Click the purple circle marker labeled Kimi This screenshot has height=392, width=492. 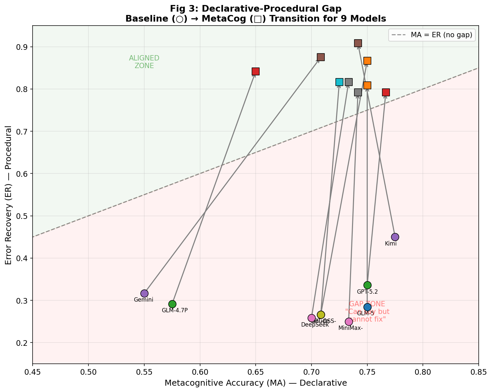pos(395,237)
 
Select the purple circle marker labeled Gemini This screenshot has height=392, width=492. pos(144,293)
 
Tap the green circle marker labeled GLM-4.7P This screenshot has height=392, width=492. pos(172,304)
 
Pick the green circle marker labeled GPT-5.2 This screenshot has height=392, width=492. pos(367,285)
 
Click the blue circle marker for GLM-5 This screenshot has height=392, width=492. pos(367,307)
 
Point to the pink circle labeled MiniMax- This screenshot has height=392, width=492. pos(349,322)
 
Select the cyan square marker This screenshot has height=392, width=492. pos(339,82)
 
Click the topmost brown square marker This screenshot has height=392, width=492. pos(358,43)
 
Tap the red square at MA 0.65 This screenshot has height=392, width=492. pos(256,71)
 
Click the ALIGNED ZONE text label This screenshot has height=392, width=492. pos(144,62)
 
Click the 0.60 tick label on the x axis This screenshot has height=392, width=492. pos(200,371)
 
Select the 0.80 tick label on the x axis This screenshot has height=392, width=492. pos(423,371)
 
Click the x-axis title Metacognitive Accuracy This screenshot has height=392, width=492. pos(256,383)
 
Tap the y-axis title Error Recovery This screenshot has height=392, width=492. pos(9,195)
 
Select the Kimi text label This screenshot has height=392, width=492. pos(391,244)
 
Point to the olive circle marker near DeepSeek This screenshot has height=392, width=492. pos(321,315)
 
